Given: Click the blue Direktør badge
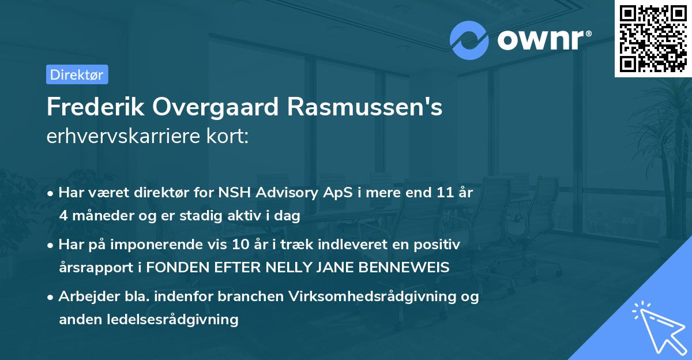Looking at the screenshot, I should pyautogui.click(x=77, y=74).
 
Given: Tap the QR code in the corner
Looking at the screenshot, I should pyautogui.click(x=653, y=39).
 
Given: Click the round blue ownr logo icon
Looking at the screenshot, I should pyautogui.click(x=469, y=40).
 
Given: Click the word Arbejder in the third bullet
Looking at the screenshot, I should pyautogui.click(x=84, y=297).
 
